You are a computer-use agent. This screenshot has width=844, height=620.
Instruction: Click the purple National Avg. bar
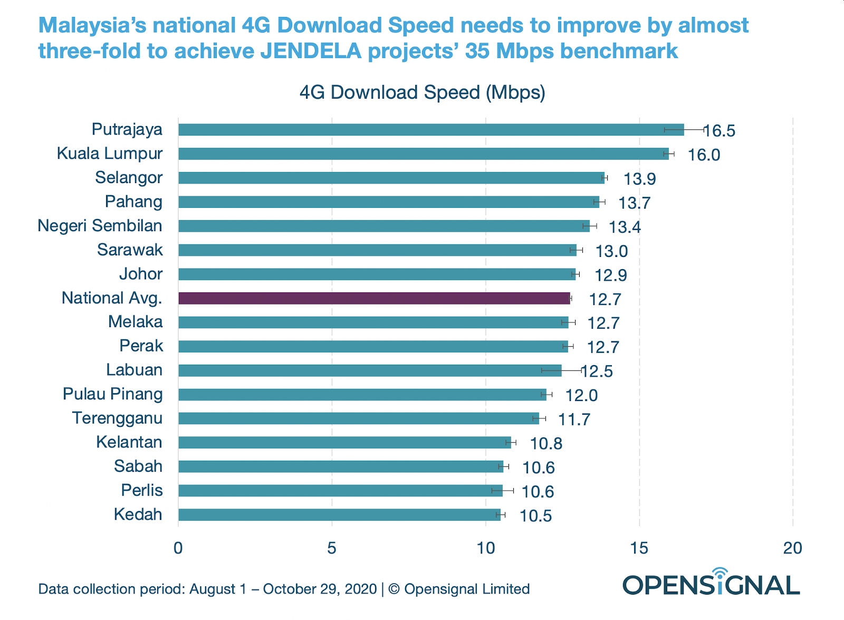coord(374,298)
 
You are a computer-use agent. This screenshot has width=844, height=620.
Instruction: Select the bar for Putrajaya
coord(430,130)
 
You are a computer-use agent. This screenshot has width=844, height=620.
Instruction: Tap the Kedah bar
coord(339,514)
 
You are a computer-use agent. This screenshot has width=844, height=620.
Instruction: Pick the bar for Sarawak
coord(377,250)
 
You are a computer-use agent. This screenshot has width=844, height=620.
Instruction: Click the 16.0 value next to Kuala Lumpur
coord(704,155)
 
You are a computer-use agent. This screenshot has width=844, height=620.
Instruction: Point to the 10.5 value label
coord(535,516)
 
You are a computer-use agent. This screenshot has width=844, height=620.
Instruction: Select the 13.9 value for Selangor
coord(639,179)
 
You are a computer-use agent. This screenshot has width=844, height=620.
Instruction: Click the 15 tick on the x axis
coord(639,548)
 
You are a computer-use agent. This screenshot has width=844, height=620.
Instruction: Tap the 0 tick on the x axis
coord(178,548)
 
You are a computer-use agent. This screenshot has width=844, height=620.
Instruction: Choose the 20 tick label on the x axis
coord(792,548)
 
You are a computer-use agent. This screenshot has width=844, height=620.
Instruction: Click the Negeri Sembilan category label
coord(100,226)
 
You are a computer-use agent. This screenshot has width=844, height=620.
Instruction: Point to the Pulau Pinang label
coord(112,394)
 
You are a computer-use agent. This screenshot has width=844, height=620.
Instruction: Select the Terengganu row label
coord(117,418)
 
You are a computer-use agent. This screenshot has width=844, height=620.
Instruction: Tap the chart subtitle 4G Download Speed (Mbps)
coord(422,92)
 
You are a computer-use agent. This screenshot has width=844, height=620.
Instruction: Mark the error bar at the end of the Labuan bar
coord(562,370)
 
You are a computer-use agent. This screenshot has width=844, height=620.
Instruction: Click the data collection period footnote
coord(284,589)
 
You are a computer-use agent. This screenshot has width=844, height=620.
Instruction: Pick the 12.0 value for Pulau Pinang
coord(581,395)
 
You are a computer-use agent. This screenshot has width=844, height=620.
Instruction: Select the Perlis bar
coord(340,491)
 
